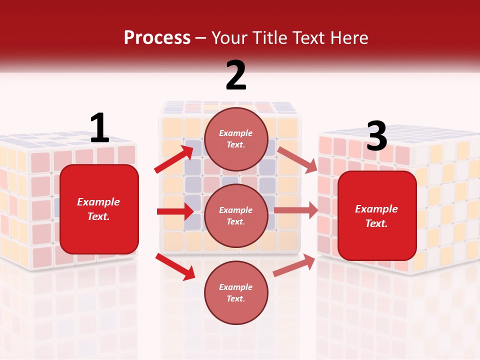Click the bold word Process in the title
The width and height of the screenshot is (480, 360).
(157, 38)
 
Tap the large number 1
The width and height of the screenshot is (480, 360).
(99, 128)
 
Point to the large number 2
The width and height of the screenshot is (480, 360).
(236, 75)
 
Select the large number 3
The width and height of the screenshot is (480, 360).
(376, 136)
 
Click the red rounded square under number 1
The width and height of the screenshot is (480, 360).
(99, 209)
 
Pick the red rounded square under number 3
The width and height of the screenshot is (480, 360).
(377, 215)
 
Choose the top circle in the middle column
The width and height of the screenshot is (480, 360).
(236, 138)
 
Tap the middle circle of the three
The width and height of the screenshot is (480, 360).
(236, 215)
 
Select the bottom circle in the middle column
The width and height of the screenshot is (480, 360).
(236, 292)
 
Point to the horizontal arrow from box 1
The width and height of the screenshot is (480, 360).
(175, 211)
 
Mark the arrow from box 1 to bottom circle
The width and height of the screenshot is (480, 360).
(175, 266)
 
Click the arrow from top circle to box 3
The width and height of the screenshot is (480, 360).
(297, 160)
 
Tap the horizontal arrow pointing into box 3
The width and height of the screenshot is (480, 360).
(295, 210)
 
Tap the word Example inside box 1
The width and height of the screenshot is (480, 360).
(99, 202)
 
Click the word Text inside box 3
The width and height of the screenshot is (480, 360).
(376, 223)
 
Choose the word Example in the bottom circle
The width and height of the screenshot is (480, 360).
(236, 287)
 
